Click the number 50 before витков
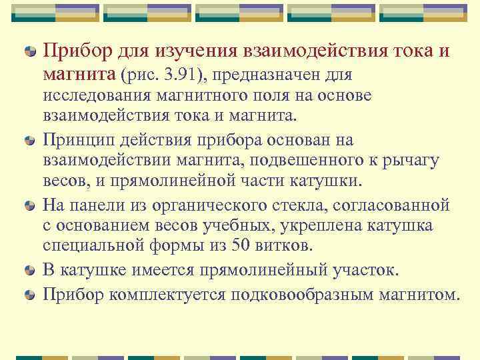tap(241, 246)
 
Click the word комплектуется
tap(168, 293)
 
